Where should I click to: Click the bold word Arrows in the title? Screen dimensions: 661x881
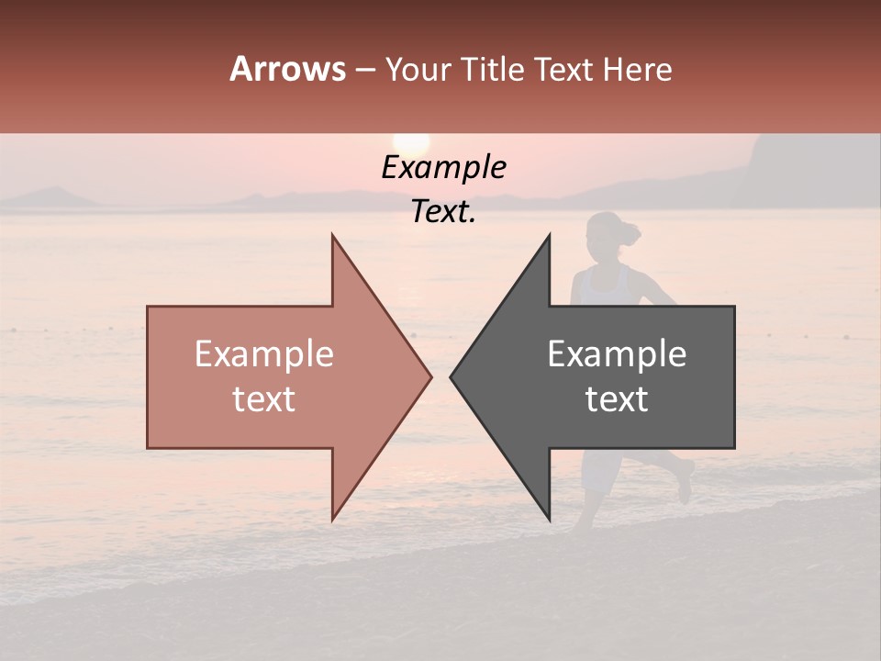[x=287, y=69]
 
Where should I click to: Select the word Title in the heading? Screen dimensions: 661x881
[x=485, y=70]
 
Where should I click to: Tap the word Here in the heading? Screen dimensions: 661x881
[x=637, y=70]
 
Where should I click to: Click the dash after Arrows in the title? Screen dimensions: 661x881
[x=364, y=71]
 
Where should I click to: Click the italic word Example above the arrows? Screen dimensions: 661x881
[x=443, y=168]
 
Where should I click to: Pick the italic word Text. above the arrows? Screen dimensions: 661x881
[x=443, y=212]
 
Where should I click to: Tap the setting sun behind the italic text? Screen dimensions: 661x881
[x=411, y=145]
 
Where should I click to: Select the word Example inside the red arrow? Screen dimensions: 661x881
[x=264, y=354]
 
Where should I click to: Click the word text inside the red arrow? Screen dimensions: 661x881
[x=264, y=399]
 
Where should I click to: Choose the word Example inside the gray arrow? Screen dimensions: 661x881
[x=617, y=354]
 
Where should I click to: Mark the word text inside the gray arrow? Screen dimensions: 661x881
[x=617, y=399]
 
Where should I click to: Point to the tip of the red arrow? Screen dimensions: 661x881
[x=429, y=376]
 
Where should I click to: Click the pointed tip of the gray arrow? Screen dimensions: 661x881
[x=452, y=376]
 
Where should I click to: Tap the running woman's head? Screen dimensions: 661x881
[x=604, y=235]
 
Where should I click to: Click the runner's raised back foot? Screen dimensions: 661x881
[x=685, y=482]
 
